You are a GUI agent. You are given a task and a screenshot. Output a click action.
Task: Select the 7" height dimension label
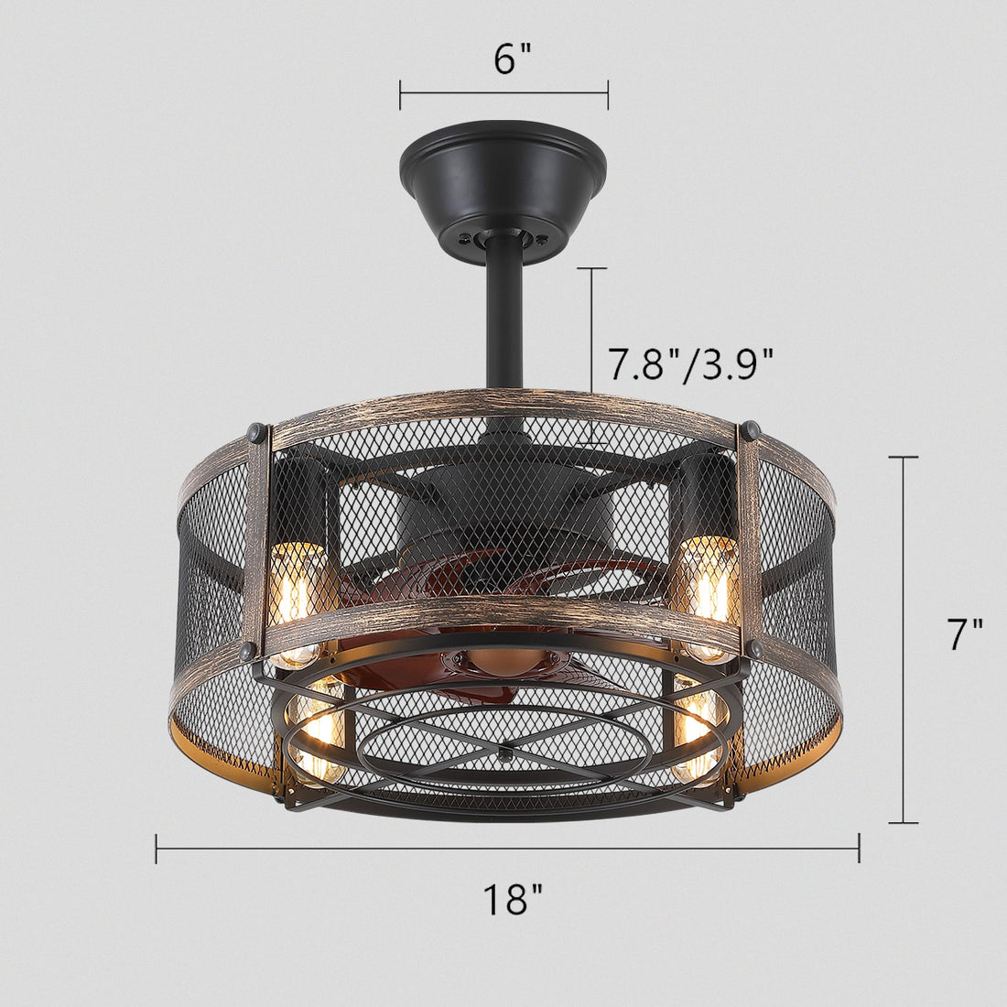coord(963,634)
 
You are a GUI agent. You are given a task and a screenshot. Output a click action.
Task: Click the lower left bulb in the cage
coord(317,728)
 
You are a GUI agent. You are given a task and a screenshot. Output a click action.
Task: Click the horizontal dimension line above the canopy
coord(503,93)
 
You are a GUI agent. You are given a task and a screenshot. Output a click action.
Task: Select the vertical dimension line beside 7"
coord(904,639)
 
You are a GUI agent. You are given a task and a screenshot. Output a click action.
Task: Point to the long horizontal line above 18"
coord(507,849)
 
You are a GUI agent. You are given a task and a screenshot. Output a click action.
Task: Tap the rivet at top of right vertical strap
coord(751,429)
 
